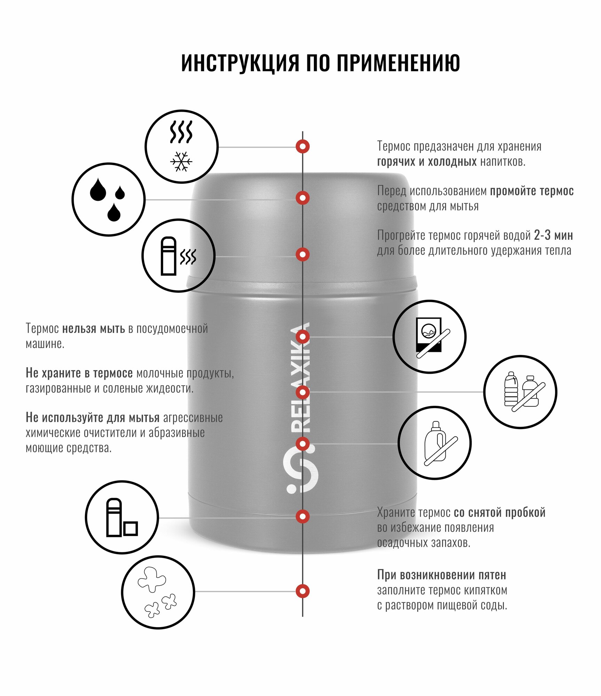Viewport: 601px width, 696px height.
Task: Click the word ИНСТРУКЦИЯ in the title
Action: coord(240,63)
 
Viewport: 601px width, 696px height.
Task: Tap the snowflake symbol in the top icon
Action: coord(181,161)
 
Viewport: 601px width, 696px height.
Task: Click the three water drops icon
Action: coord(108,199)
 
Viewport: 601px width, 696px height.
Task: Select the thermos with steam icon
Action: coord(178,256)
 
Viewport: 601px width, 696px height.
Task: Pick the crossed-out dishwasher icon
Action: coord(429,337)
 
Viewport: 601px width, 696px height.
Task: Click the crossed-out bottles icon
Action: coord(520,392)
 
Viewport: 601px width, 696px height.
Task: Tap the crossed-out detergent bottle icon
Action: coord(435,443)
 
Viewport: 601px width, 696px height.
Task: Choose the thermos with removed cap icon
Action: coord(122,517)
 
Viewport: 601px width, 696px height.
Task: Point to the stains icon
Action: coord(158,592)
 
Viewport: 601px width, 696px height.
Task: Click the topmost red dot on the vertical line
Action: coord(303,147)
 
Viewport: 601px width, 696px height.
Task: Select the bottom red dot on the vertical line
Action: coord(303,591)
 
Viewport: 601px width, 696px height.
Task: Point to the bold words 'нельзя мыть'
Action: coord(93,329)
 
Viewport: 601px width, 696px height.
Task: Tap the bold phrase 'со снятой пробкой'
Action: coord(499,513)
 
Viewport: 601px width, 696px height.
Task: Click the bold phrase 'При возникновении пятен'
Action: coord(442,575)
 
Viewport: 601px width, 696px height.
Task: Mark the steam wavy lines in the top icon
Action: coord(181,132)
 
